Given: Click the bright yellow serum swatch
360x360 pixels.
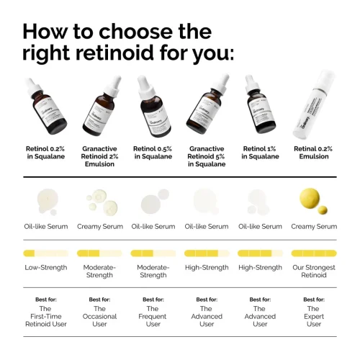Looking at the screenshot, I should coord(313,198).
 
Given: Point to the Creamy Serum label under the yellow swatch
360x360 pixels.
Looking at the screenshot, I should coord(314,226).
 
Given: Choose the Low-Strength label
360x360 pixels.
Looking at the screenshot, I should coord(45,267).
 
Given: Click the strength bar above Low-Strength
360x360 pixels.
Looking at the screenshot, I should coord(45,253).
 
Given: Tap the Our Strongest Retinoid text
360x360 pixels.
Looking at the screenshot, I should coord(314,271).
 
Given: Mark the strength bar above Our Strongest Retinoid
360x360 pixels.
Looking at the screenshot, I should coord(314,253).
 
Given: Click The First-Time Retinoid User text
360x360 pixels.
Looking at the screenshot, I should coord(45,316).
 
